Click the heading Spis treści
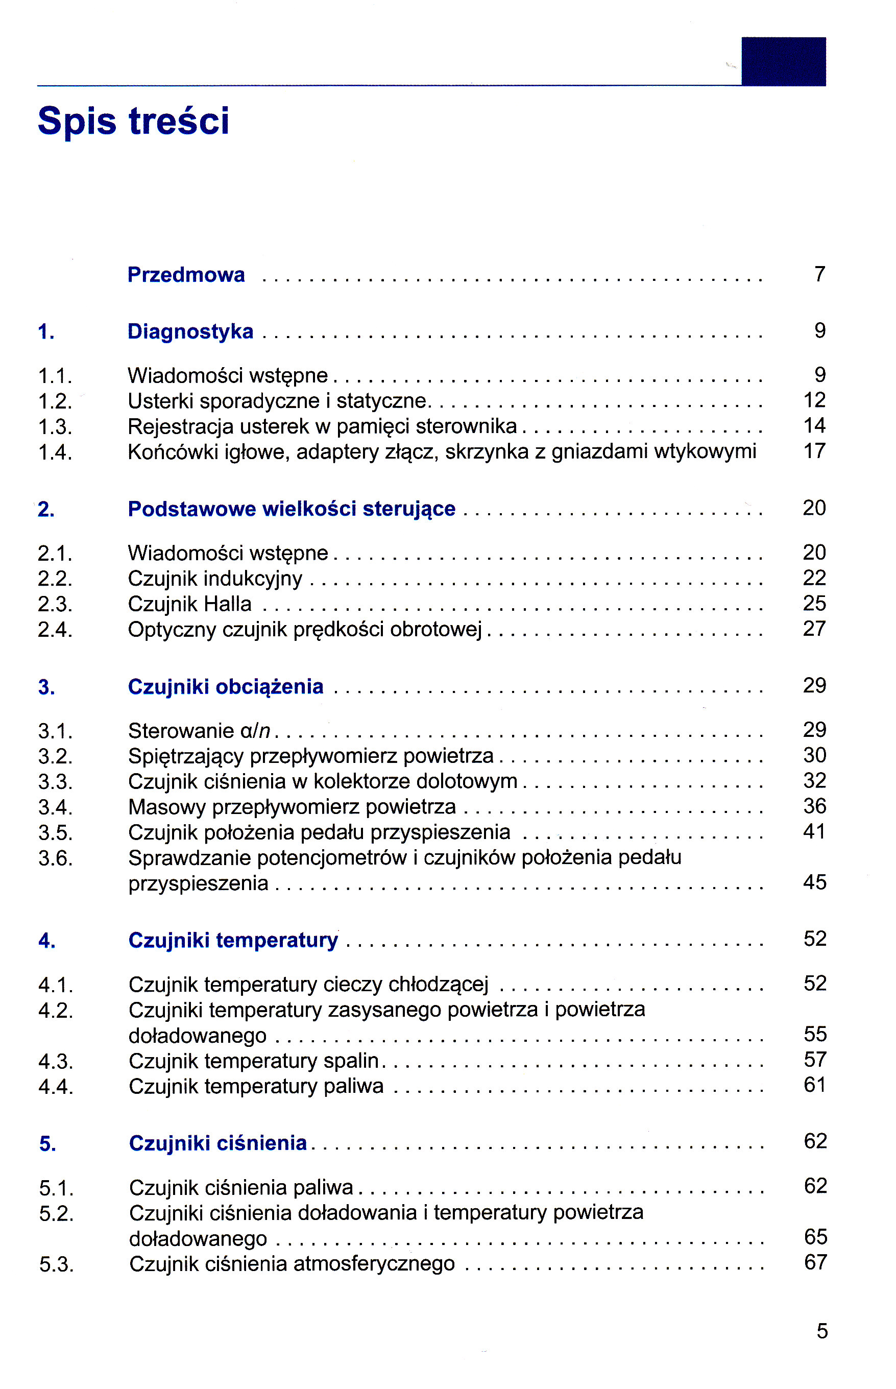[133, 121]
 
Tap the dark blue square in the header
[783, 62]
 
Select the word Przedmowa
[186, 275]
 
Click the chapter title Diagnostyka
[190, 332]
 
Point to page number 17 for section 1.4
[814, 451]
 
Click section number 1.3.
[55, 427]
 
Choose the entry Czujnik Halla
[190, 604]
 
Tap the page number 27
[814, 629]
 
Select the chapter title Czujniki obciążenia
[225, 687]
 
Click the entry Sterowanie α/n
[199, 731]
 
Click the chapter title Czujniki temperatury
[233, 940]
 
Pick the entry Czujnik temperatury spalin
[254, 1061]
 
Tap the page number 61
[814, 1085]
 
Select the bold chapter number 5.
[47, 1144]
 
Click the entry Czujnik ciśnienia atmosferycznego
[292, 1264]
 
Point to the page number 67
[815, 1262]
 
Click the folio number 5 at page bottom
[821, 1331]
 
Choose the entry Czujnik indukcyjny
[215, 579]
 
